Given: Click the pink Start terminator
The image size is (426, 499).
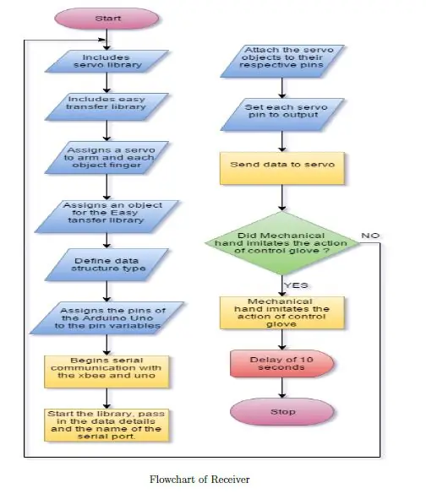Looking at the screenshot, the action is coord(106,19).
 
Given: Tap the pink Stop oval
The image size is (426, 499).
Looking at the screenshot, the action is coord(282,411).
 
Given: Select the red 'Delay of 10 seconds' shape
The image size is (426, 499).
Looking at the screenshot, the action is coord(282,364).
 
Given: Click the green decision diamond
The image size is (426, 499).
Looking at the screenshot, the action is coord(282,243).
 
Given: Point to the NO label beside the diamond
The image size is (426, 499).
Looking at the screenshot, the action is coord(370,236).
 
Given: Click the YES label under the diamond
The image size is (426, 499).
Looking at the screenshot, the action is coord(296,285).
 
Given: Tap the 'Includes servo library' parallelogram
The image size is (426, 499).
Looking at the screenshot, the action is coord(106,61).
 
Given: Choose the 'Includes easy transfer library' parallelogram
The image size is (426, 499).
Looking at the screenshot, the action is coord(106,106).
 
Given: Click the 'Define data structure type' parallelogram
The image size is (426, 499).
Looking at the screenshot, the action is coord(106,265).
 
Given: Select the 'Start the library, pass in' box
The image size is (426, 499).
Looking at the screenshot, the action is coord(106,426).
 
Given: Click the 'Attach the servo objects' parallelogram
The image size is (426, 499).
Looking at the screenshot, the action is coord(282,61).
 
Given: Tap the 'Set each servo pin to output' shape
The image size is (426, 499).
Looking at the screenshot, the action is coord(282,115).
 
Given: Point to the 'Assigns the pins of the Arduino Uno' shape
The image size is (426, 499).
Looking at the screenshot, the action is coord(106,318).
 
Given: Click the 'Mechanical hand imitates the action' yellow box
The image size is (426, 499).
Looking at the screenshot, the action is coord(282,313).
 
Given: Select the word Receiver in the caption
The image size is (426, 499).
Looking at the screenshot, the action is coord(231,480).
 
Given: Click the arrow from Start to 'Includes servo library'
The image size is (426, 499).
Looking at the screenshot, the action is coord(106,40).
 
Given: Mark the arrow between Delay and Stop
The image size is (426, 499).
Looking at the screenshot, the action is coord(282,388).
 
